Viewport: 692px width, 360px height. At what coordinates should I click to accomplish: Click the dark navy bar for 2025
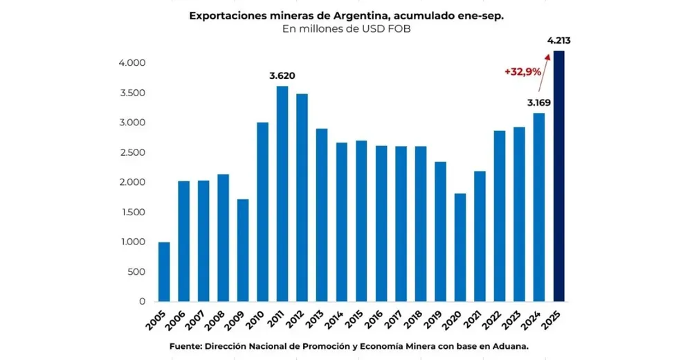pyautogui.click(x=559, y=177)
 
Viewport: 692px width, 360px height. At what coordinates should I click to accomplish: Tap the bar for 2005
pyautogui.click(x=164, y=271)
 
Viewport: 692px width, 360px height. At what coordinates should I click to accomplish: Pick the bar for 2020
pyautogui.click(x=460, y=247)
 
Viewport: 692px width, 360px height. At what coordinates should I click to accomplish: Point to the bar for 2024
pyautogui.click(x=539, y=207)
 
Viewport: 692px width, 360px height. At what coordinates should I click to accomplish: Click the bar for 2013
pyautogui.click(x=322, y=215)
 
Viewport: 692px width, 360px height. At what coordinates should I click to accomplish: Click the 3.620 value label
pyautogui.click(x=282, y=76)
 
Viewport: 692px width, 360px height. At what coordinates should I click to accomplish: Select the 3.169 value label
pyautogui.click(x=538, y=103)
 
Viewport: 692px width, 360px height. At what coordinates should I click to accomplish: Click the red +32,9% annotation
pyautogui.click(x=522, y=71)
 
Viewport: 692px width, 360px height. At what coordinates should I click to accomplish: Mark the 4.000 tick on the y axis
pyautogui.click(x=131, y=63)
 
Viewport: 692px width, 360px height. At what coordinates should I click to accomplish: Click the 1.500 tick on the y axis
pyautogui.click(x=131, y=212)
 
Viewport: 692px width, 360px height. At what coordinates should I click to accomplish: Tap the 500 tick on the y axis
pyautogui.click(x=136, y=271)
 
